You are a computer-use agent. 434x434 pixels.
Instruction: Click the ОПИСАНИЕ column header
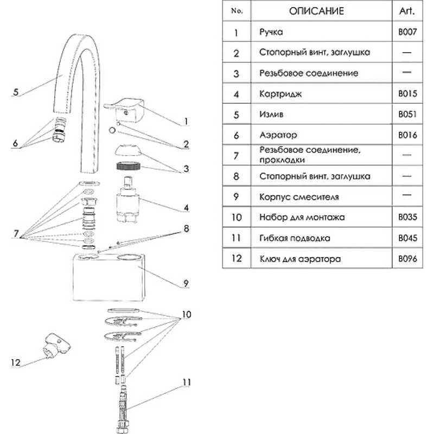[x=316, y=11]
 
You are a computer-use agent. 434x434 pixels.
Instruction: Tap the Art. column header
[x=407, y=11]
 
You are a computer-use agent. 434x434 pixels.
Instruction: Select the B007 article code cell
[x=407, y=32]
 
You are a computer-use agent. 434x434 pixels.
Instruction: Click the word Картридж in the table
[x=280, y=94]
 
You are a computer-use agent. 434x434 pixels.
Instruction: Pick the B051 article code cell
[x=407, y=114]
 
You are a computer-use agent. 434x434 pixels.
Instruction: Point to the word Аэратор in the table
[x=278, y=135]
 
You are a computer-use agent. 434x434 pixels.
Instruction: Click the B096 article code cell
[x=407, y=259]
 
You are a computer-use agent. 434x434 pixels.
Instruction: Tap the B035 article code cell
[x=407, y=217]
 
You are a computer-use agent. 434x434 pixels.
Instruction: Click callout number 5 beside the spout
[x=16, y=92]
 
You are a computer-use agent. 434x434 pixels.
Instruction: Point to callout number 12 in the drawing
[x=16, y=362]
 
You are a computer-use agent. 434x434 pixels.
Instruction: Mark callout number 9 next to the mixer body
[x=186, y=283]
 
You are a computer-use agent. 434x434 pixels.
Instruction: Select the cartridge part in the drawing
[x=127, y=200]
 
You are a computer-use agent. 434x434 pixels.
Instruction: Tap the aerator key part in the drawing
[x=57, y=346]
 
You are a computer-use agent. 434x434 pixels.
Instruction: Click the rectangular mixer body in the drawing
[x=109, y=277]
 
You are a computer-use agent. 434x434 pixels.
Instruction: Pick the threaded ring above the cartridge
[x=128, y=167]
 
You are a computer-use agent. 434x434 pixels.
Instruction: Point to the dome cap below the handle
[x=127, y=150]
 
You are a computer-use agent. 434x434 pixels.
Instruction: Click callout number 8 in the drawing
[x=186, y=228]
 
